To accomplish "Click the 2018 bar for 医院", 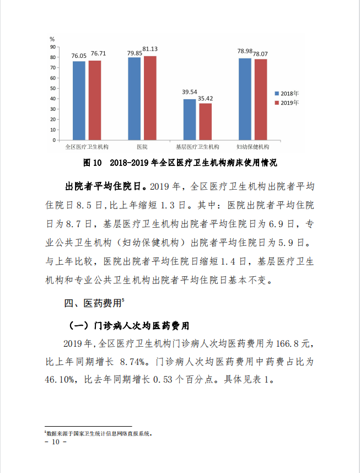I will pyautogui.click(x=135, y=99).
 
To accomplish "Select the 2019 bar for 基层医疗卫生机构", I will pyautogui.click(x=205, y=122).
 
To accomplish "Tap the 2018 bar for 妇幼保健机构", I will pyautogui.click(x=245, y=99).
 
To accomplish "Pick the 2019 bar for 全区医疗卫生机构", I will pyautogui.click(x=95, y=100).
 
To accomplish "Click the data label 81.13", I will pyautogui.click(x=150, y=49).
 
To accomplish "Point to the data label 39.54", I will pyautogui.click(x=190, y=92).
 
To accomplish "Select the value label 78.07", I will pyautogui.click(x=260, y=53).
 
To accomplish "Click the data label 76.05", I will pyautogui.click(x=79, y=56).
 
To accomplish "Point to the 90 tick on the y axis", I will pyautogui.click(x=53, y=47).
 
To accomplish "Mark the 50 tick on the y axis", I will pyautogui.click(x=53, y=88).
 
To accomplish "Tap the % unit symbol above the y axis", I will pyautogui.click(x=52, y=39).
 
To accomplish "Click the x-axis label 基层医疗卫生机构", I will pyautogui.click(x=197, y=147).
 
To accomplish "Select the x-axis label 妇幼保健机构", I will pyautogui.click(x=252, y=147).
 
